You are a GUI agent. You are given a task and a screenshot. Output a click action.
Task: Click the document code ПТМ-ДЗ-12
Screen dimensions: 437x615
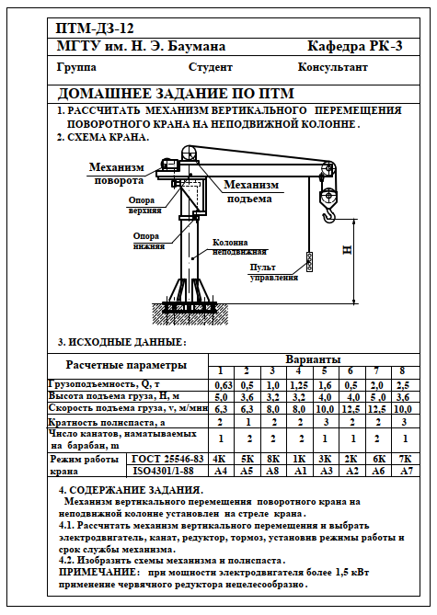96,28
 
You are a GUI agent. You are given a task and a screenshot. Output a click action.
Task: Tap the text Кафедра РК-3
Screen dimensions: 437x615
354,46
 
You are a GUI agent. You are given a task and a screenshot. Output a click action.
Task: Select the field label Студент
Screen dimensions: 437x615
211,67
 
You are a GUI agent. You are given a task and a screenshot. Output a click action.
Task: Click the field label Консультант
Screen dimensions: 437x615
332,67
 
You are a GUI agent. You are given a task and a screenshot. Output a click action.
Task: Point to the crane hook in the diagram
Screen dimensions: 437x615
329,215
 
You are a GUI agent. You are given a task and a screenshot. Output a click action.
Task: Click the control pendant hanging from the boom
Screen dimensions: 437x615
309,262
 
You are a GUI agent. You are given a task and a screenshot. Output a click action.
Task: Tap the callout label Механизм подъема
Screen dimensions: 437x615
251,192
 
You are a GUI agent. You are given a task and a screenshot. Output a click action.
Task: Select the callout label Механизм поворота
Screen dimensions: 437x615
117,174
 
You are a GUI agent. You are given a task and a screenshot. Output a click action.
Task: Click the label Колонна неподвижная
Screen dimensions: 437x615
239,247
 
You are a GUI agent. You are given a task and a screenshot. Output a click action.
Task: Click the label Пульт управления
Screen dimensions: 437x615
273,273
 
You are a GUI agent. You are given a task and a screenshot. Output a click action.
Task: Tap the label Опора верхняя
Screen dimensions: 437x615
144,205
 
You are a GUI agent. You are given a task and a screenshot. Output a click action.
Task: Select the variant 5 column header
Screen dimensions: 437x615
325,371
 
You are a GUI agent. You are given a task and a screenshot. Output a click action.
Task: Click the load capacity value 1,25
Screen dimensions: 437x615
299,385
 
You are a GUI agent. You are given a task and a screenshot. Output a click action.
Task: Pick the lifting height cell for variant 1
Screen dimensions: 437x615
221,397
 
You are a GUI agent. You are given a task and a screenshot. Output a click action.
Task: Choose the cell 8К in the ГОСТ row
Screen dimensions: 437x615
273,459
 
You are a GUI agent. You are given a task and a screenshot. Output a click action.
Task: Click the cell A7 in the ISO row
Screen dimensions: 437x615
406,471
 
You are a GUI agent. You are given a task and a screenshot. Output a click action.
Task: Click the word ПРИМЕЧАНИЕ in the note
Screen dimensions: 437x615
98,572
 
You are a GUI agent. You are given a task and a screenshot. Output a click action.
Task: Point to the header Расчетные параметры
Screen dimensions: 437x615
126,365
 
